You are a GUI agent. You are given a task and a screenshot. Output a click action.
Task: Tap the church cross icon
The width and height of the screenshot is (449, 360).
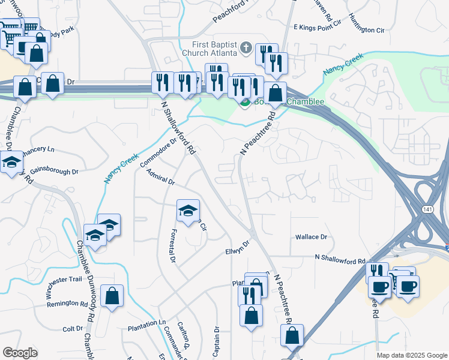(246, 47)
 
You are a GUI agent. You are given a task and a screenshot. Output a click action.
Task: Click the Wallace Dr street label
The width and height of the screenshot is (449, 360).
(311, 237)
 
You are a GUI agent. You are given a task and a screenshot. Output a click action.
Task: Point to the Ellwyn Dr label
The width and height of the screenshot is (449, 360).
(237, 247)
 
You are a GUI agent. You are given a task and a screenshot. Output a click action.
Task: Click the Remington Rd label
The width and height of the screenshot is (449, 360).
(67, 304)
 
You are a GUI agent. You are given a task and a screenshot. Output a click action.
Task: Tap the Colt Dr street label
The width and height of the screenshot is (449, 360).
(73, 329)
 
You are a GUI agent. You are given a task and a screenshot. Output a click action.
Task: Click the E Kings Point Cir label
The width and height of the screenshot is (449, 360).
(318, 28)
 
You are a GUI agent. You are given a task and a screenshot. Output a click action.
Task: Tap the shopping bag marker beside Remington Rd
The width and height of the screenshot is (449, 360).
(112, 296)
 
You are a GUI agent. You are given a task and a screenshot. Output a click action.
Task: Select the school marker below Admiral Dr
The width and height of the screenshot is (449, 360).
(188, 211)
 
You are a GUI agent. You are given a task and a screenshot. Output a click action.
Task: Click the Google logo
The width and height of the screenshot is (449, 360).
(20, 353)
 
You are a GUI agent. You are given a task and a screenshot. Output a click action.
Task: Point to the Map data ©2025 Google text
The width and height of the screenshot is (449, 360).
(411, 355)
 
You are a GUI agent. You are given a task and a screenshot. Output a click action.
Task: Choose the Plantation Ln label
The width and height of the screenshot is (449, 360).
(146, 323)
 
